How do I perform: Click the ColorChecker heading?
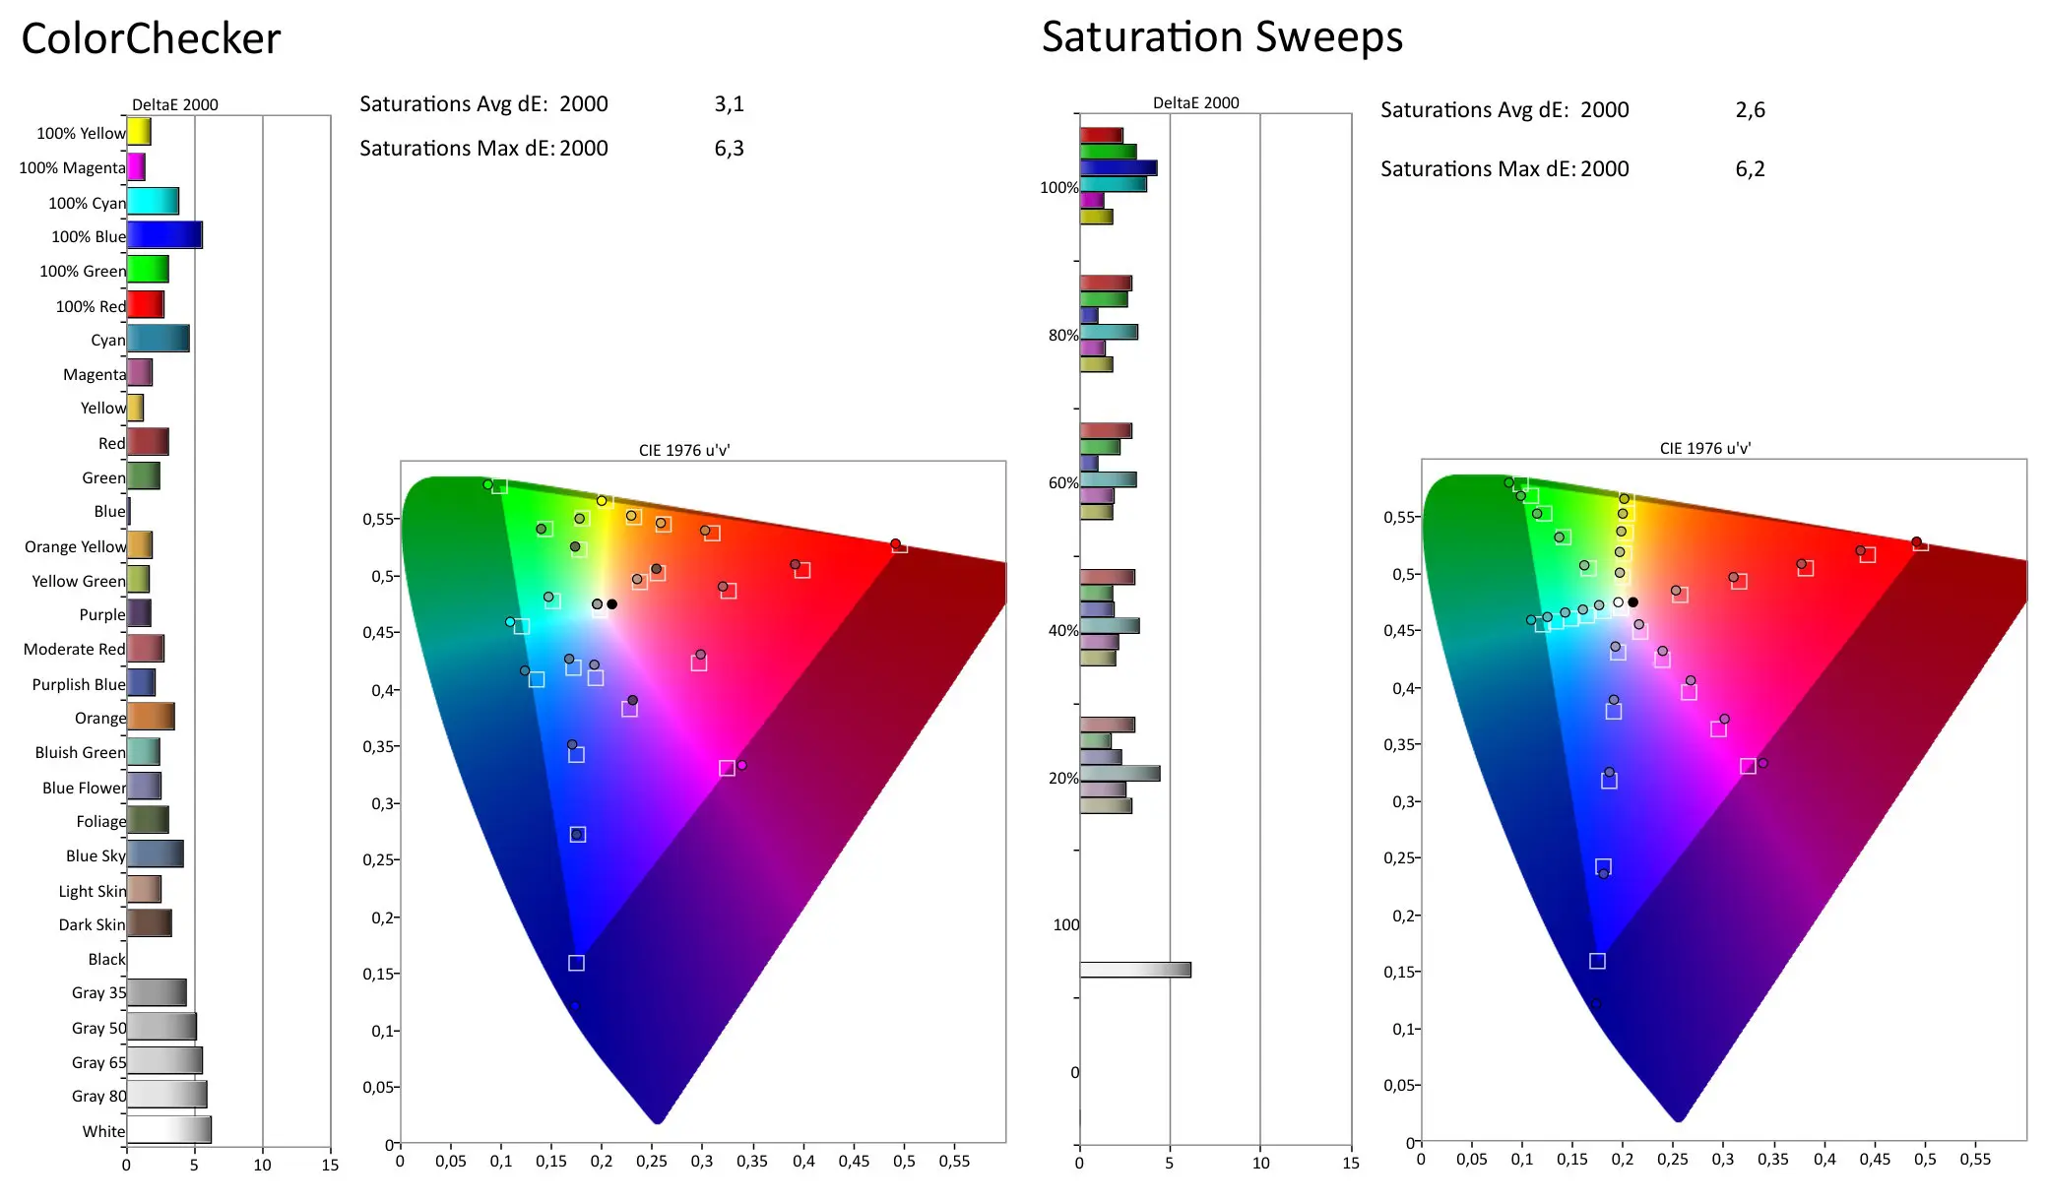tap(151, 39)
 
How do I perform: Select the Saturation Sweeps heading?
tap(1222, 37)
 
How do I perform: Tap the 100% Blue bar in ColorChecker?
tap(164, 235)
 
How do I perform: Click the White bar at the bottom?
tap(168, 1130)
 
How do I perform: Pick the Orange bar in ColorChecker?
tap(151, 717)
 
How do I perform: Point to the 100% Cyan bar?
tap(153, 202)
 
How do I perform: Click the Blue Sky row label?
tap(96, 856)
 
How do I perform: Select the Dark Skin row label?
tap(92, 925)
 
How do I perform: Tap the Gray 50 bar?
tap(161, 1027)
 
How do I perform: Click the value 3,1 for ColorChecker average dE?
tap(729, 104)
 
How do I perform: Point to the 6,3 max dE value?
tap(729, 149)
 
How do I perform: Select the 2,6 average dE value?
tap(1750, 110)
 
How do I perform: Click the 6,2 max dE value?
tap(1750, 169)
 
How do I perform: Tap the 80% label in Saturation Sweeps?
tap(1062, 336)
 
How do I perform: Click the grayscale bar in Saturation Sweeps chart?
tap(1135, 970)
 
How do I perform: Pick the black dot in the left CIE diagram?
tap(612, 604)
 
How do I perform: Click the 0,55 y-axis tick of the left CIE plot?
tap(380, 519)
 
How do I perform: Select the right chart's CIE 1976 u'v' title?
tap(1704, 449)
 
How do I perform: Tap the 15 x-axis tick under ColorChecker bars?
tap(330, 1166)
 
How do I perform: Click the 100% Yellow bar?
tap(139, 132)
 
